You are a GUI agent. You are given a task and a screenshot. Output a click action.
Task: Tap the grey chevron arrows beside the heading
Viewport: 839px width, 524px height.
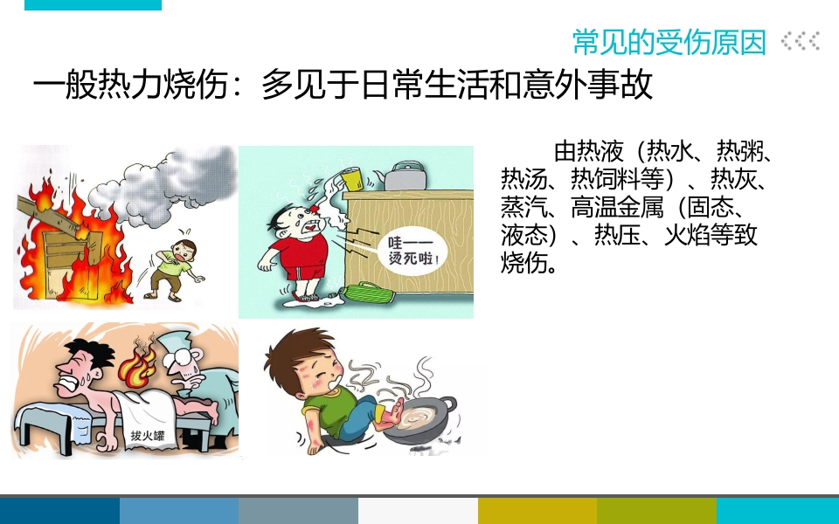coord(800,41)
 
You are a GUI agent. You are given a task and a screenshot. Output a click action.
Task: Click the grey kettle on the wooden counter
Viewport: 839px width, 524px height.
coord(405,175)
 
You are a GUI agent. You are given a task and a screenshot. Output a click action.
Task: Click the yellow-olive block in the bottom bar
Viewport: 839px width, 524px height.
coord(537,511)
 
